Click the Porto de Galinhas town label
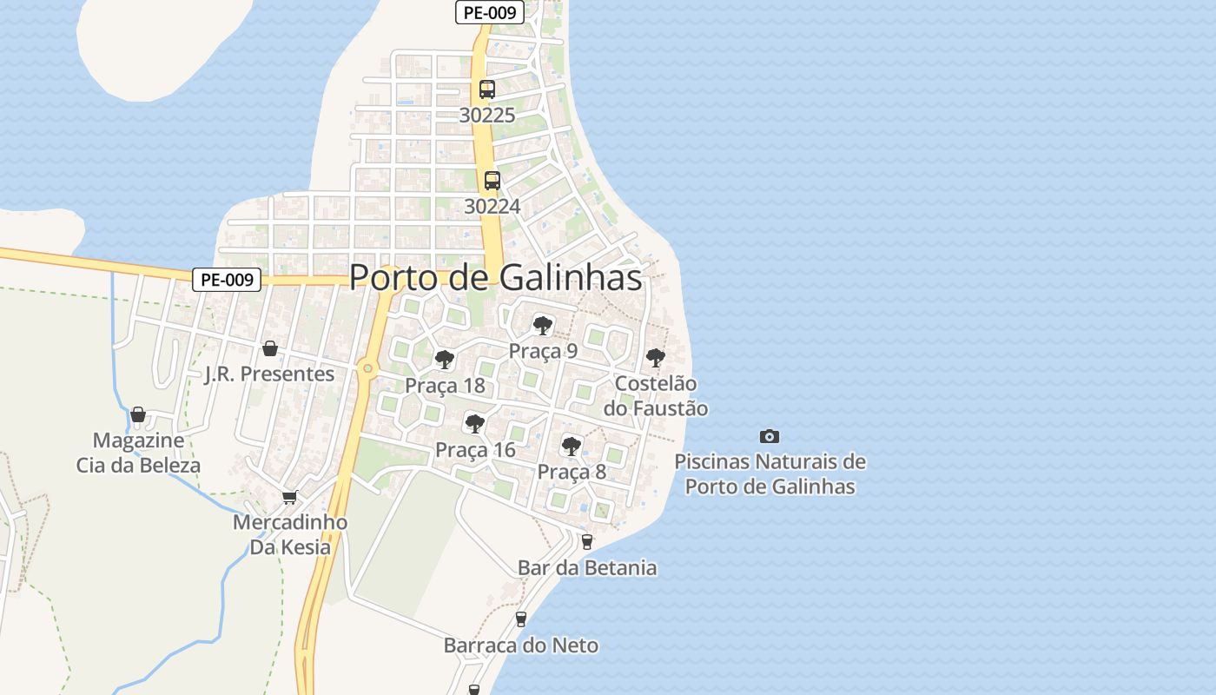click(495, 277)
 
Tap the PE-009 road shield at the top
click(490, 12)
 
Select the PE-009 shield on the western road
click(227, 279)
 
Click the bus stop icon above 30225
click(487, 89)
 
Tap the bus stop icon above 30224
click(492, 180)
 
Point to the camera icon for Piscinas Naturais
click(769, 436)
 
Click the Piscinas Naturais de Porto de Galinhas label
click(770, 473)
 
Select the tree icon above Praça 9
click(543, 326)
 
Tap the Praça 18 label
click(445, 386)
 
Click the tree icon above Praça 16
click(474, 424)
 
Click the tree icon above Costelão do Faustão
click(656, 357)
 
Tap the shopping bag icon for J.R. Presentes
click(270, 348)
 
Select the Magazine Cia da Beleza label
click(139, 453)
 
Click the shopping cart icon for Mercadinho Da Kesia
click(289, 497)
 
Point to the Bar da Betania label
click(587, 568)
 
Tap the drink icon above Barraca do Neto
click(521, 619)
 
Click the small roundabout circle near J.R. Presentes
click(368, 369)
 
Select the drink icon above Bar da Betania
click(587, 541)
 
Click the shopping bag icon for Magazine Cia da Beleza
click(138, 414)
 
